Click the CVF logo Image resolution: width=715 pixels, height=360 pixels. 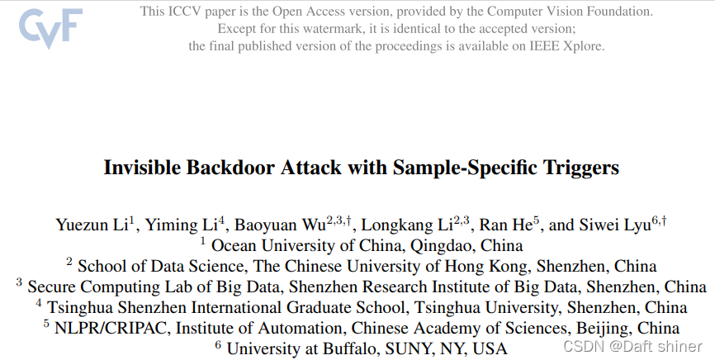(50, 31)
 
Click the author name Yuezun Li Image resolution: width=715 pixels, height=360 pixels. (91, 225)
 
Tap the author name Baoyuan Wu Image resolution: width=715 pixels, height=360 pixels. (277, 225)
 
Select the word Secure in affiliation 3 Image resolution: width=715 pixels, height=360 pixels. (52, 287)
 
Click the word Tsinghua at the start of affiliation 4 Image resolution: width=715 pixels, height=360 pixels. (80, 307)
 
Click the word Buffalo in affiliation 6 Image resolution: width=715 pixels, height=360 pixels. (340, 348)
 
